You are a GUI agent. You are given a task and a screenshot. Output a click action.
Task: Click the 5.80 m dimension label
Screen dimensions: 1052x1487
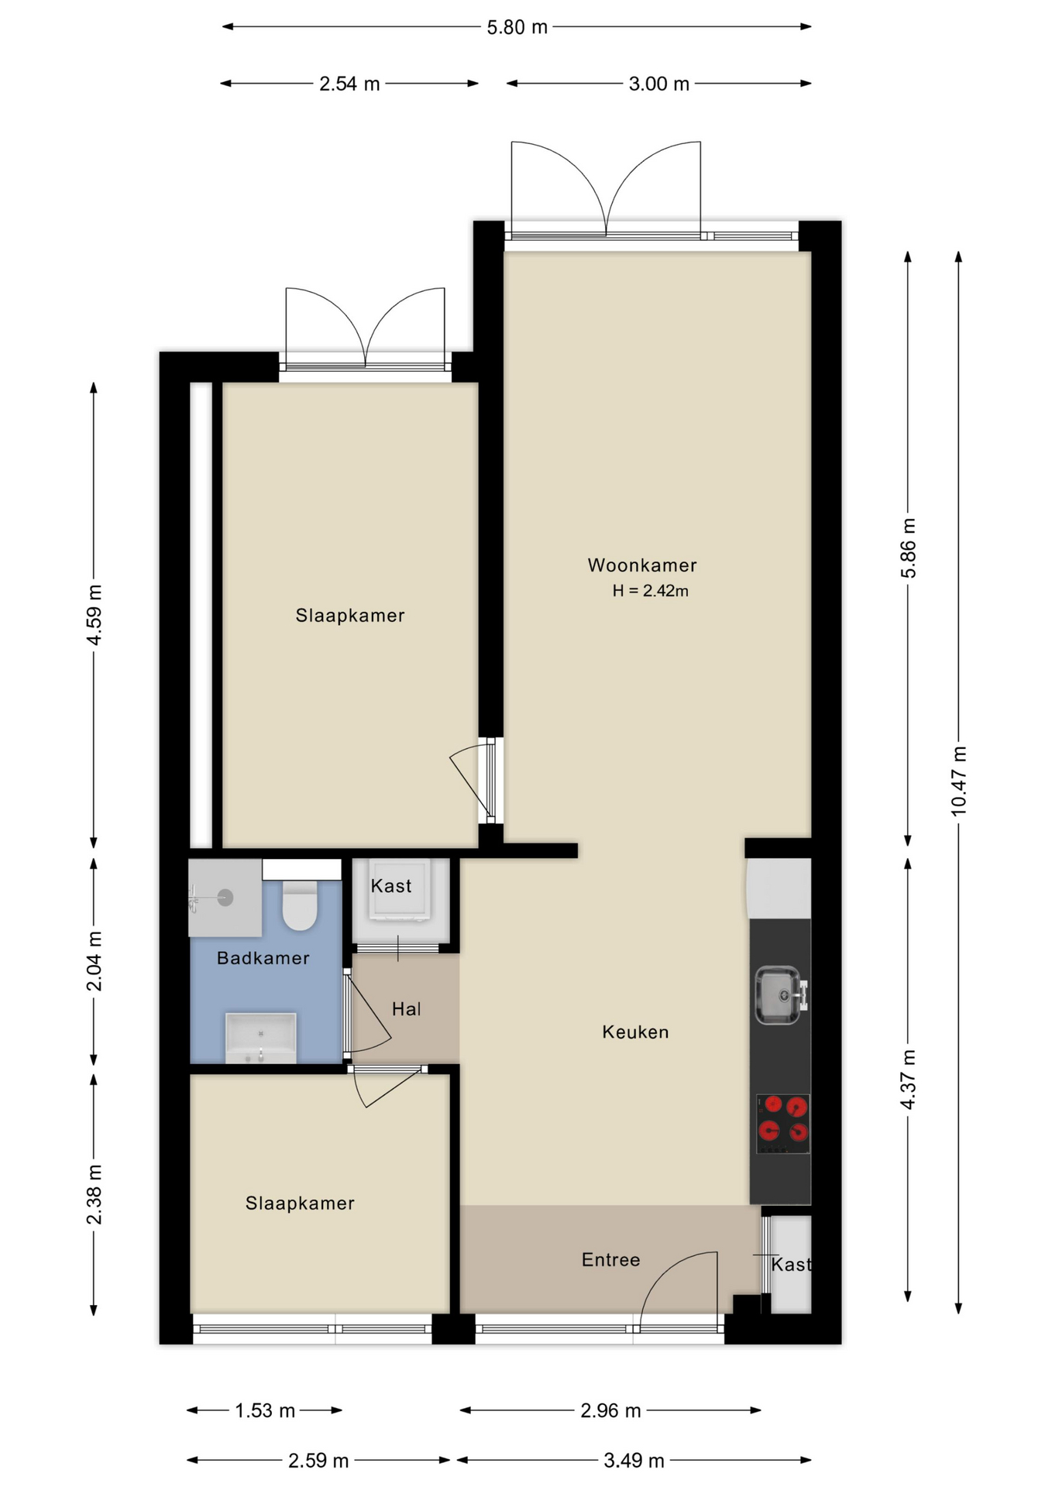[517, 28]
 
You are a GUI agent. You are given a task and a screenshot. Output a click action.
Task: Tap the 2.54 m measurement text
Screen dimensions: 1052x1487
[349, 84]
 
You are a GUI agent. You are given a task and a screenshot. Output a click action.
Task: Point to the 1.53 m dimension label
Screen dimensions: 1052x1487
[265, 1411]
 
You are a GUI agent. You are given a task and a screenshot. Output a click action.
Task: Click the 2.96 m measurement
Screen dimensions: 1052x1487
[610, 1411]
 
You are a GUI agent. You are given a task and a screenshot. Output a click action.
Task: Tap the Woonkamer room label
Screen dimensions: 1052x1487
[642, 565]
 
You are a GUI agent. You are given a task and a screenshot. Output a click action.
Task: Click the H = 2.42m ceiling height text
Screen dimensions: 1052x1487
[650, 591]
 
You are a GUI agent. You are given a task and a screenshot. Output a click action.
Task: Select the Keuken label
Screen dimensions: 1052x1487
[635, 1032]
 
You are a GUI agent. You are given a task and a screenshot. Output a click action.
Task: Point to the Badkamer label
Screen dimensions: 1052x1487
[263, 958]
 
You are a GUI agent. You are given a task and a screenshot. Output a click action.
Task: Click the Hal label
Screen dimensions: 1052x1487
[407, 1009]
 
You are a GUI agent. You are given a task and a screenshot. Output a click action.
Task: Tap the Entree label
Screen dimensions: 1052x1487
[611, 1260]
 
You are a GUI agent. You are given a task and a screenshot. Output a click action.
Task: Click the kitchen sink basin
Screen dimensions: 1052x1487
[779, 995]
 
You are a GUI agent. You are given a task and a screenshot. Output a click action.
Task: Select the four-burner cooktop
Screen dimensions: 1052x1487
[783, 1124]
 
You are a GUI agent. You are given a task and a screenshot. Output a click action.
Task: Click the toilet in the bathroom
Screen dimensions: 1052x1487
[300, 904]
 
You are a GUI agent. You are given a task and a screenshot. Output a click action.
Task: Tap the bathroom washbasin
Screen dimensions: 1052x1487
[260, 1038]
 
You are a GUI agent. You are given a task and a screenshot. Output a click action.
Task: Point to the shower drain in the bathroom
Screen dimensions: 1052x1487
[225, 898]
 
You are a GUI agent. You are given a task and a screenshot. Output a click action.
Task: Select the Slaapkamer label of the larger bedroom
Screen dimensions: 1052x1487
[350, 616]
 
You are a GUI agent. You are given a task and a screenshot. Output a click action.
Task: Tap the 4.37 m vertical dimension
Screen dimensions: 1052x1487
[909, 1080]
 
